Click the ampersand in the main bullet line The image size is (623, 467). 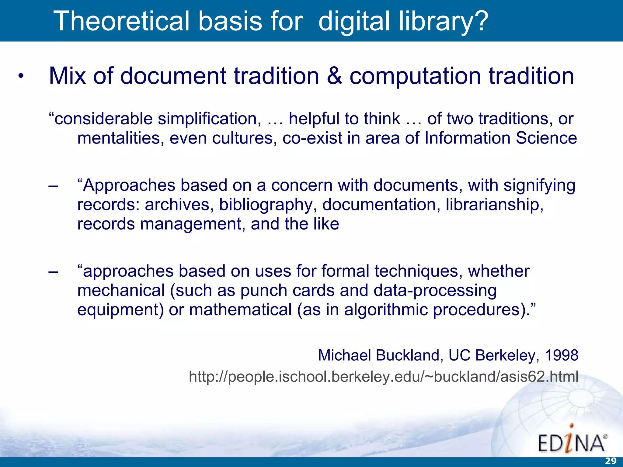(x=334, y=76)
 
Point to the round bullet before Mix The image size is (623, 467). (x=20, y=76)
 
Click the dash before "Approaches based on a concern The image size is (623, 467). (x=53, y=185)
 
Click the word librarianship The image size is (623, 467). (x=494, y=205)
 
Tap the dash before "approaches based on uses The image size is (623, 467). (x=53, y=271)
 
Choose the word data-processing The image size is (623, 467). (x=435, y=291)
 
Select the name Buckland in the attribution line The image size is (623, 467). (x=408, y=355)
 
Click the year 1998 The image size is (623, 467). (x=561, y=355)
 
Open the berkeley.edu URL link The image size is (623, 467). (x=383, y=377)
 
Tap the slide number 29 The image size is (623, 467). (x=610, y=461)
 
